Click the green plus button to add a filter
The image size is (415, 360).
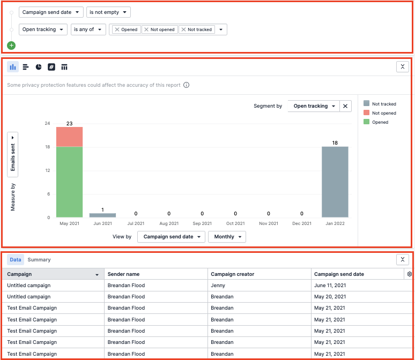tap(12, 46)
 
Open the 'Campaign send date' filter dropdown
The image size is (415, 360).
tap(51, 12)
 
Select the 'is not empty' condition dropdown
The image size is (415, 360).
tap(108, 12)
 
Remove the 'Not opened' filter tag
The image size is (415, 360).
tap(146, 30)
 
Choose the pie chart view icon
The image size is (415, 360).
tap(39, 67)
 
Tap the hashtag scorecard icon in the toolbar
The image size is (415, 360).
tap(51, 67)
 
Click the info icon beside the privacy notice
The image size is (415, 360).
tap(186, 85)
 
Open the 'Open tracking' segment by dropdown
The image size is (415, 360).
tap(314, 106)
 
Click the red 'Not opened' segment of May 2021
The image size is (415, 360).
tap(69, 137)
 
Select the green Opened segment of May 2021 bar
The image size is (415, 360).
tap(69, 182)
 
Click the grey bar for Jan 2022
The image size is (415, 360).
tap(335, 182)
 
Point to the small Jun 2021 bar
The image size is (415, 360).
tap(102, 215)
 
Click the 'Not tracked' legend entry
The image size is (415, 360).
tap(383, 104)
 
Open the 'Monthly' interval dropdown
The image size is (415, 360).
tap(227, 237)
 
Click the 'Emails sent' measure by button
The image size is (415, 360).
tap(13, 154)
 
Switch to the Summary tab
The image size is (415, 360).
tap(39, 260)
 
